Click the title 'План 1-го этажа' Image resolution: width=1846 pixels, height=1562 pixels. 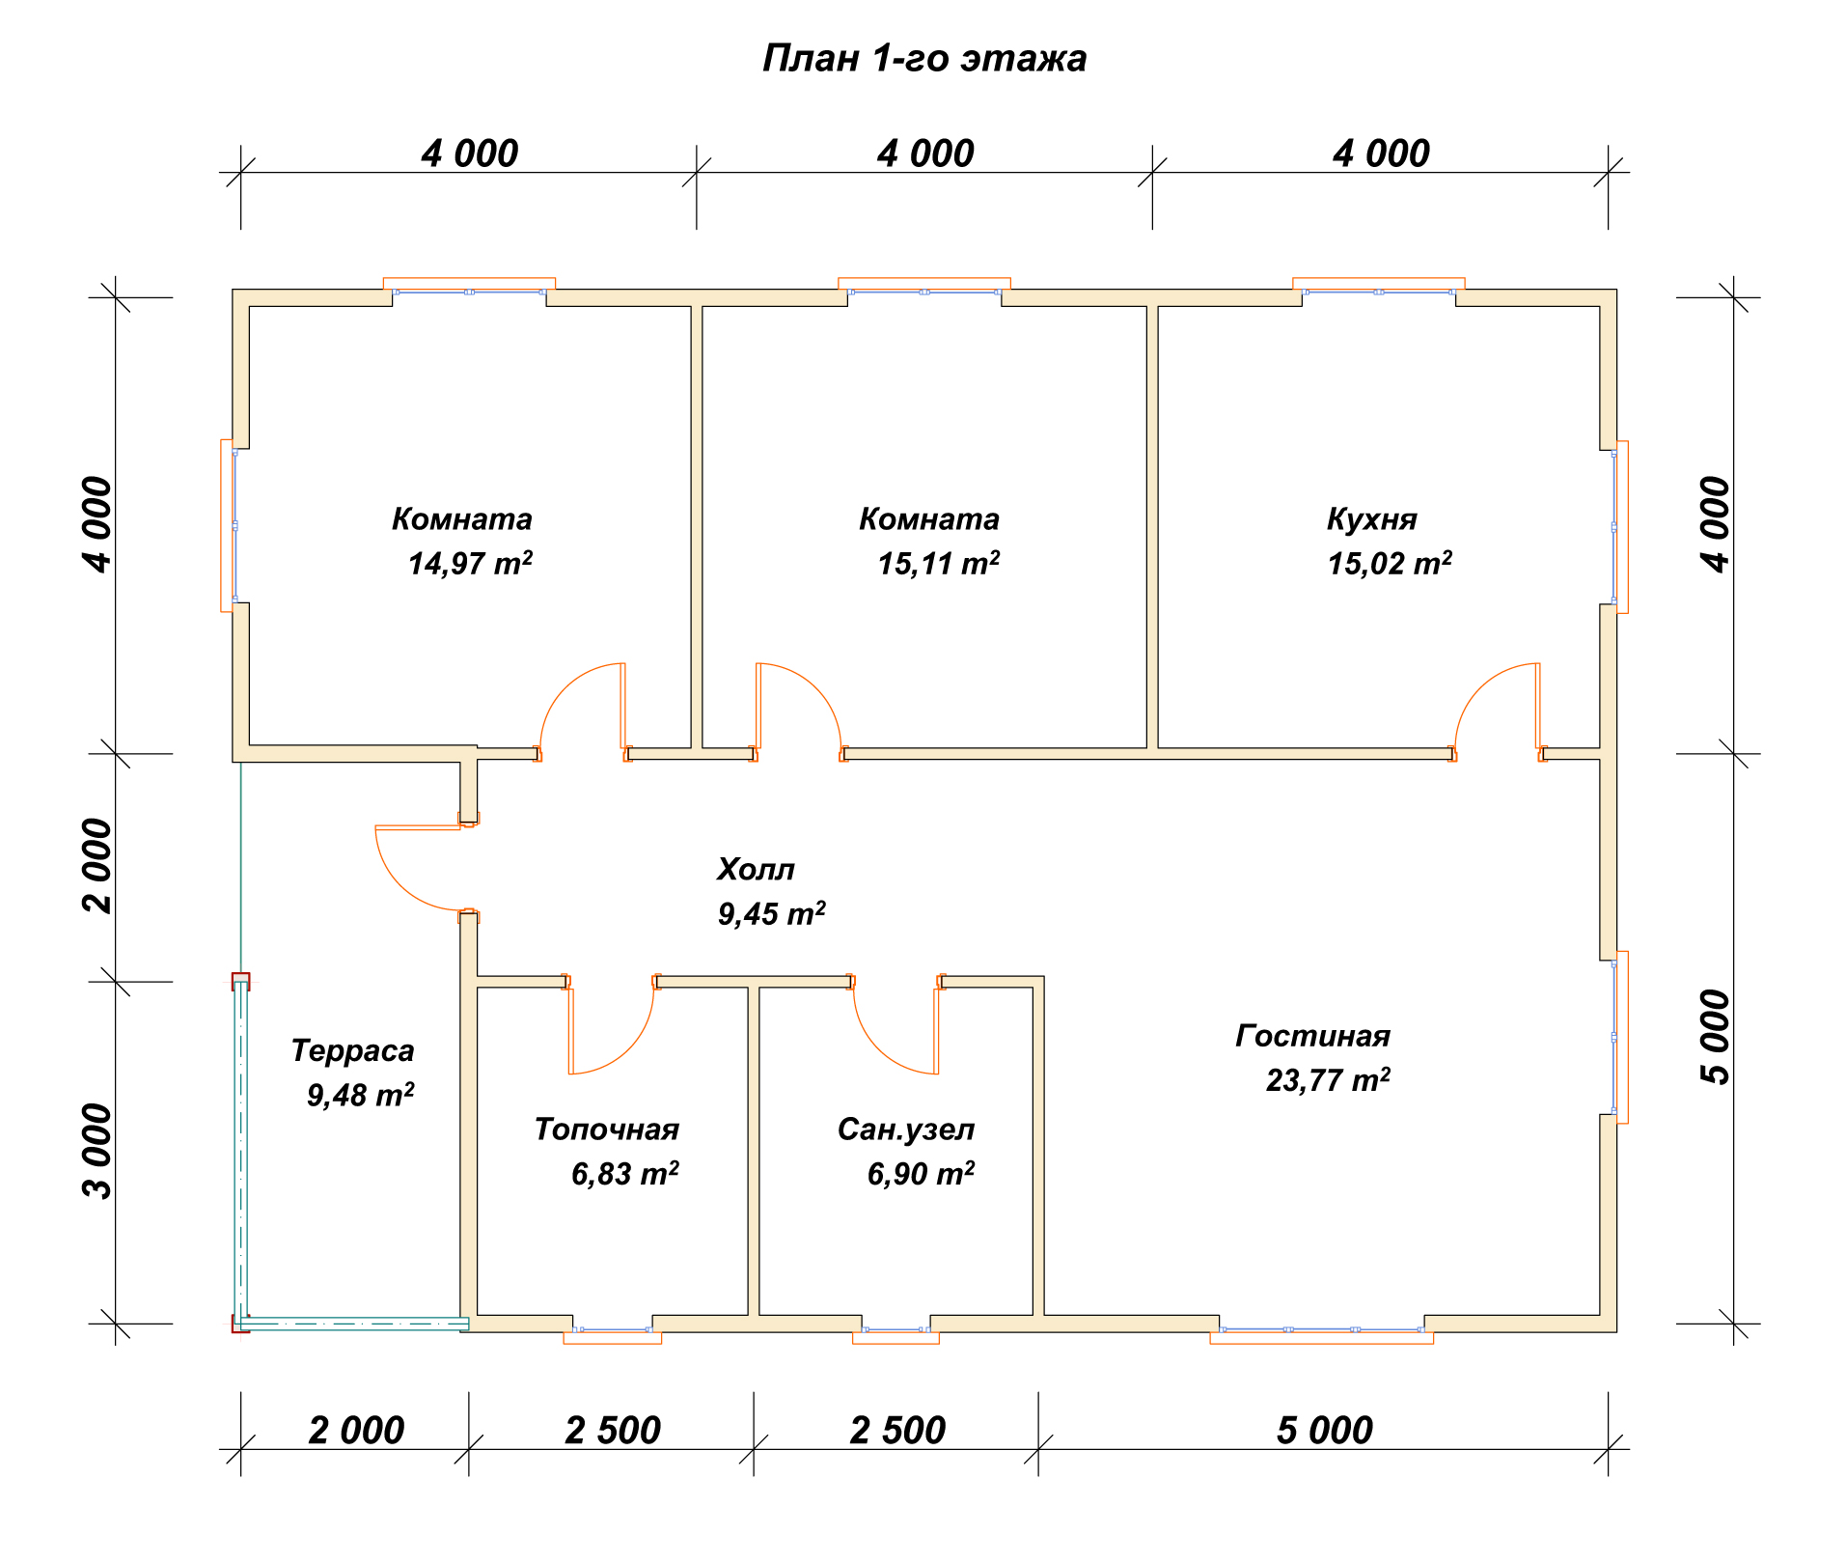(x=924, y=59)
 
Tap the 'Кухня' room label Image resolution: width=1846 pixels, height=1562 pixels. (x=1371, y=519)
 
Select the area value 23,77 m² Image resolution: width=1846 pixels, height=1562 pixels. (x=1328, y=1079)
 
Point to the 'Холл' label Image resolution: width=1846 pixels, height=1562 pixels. (x=756, y=870)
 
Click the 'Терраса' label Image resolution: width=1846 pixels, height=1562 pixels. (x=352, y=1050)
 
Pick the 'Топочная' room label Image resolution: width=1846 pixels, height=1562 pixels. (x=607, y=1130)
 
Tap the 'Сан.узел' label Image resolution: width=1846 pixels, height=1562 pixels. (x=906, y=1130)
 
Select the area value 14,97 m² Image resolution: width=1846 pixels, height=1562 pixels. (x=470, y=563)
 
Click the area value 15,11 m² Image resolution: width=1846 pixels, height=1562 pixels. (x=938, y=563)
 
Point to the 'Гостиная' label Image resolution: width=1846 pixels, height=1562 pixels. (x=1312, y=1036)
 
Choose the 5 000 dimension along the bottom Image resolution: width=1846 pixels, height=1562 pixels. (x=1324, y=1430)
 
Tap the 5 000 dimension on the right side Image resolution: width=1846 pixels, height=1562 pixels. (x=1717, y=1037)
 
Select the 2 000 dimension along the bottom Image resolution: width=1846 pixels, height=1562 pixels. (x=356, y=1430)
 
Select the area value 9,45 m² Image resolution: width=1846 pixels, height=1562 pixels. (x=771, y=913)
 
